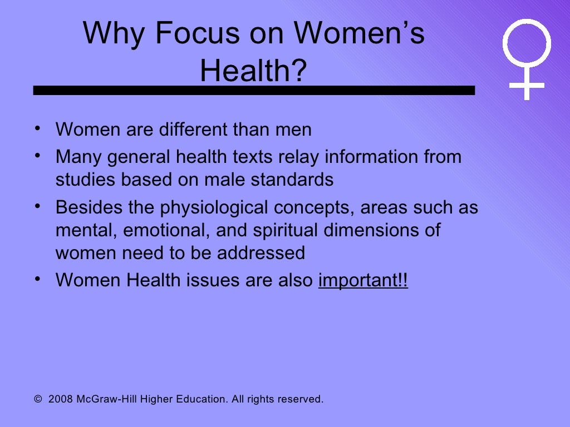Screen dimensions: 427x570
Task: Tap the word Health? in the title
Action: point(253,71)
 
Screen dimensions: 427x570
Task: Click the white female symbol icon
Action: point(526,58)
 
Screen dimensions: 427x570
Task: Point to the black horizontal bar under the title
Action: point(254,90)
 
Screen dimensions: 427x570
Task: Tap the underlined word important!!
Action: point(363,281)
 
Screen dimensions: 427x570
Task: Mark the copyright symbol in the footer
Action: point(38,399)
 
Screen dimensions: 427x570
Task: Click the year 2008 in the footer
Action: point(61,399)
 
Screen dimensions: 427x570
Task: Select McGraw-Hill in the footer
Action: point(103,399)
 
